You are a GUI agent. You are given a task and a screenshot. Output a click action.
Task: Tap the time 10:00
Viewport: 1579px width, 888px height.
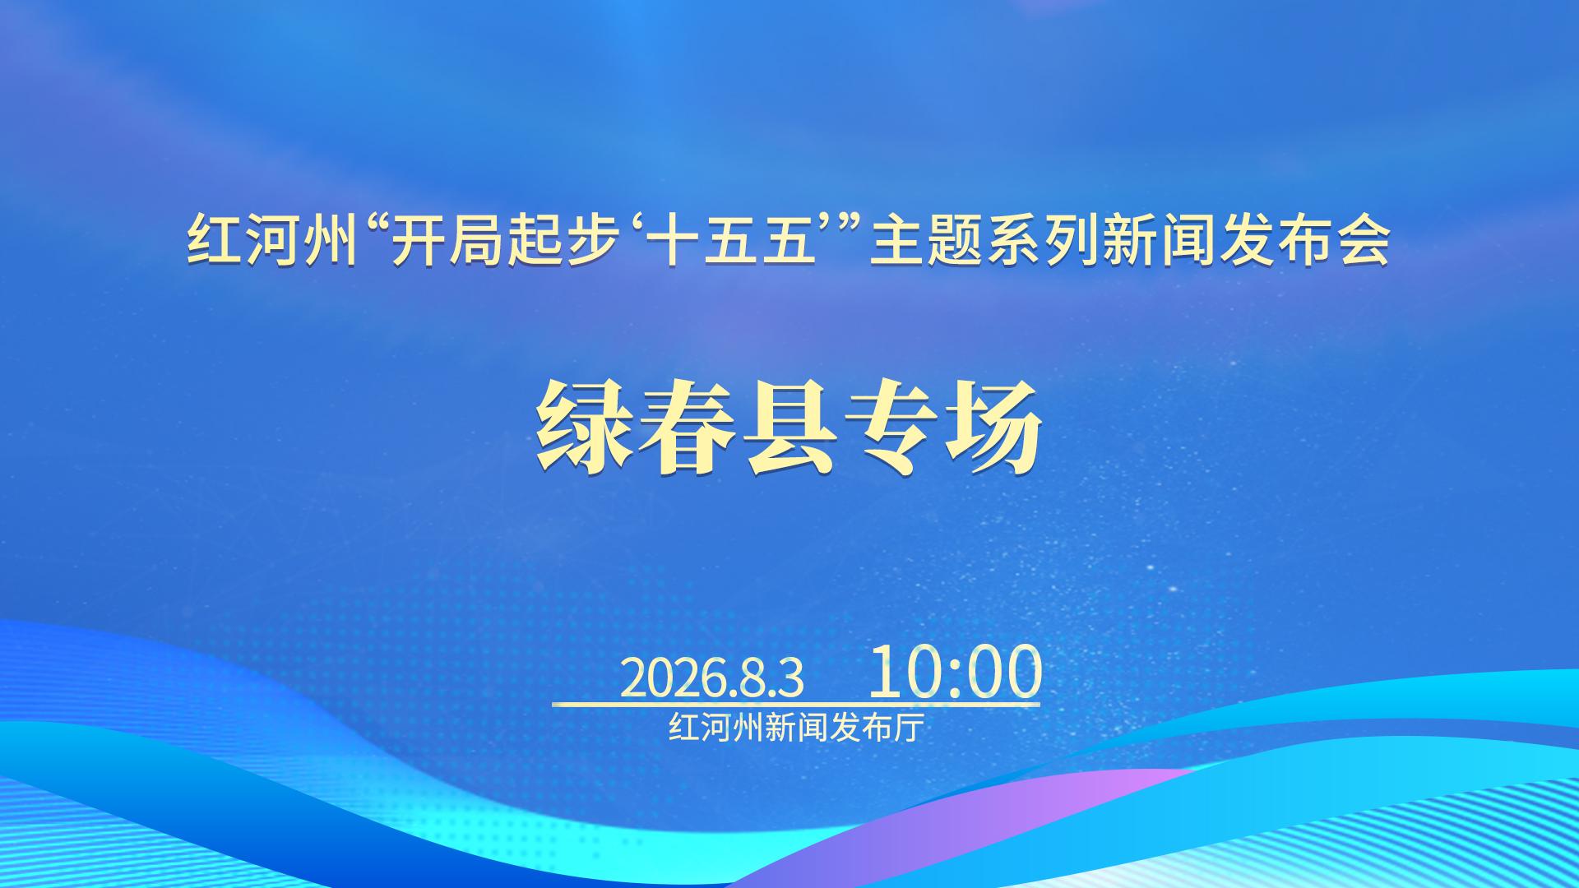pyautogui.click(x=955, y=672)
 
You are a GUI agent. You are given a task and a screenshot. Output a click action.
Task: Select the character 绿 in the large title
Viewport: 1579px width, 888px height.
pyautogui.click(x=586, y=427)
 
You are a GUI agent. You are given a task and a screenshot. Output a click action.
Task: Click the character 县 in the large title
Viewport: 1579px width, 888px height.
pyautogui.click(x=789, y=427)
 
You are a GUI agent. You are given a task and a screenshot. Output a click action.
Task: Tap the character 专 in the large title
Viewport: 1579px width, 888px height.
pyautogui.click(x=891, y=427)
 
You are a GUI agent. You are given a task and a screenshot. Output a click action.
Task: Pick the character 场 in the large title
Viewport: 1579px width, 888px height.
pyautogui.click(x=993, y=427)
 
